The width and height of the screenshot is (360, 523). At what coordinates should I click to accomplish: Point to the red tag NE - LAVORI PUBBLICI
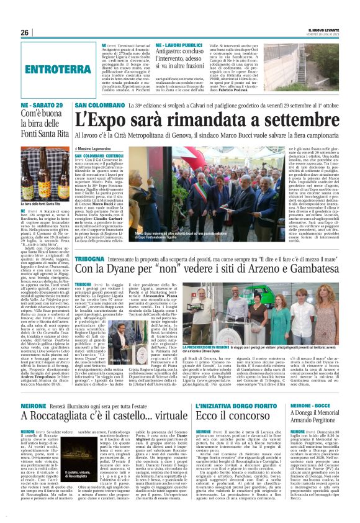tap(181, 46)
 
